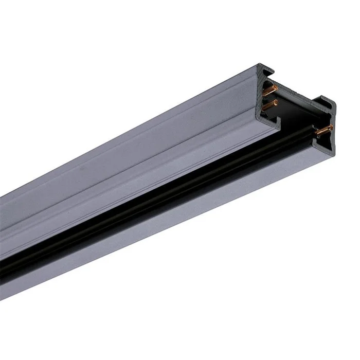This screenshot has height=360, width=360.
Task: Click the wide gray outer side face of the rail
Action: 129,170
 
